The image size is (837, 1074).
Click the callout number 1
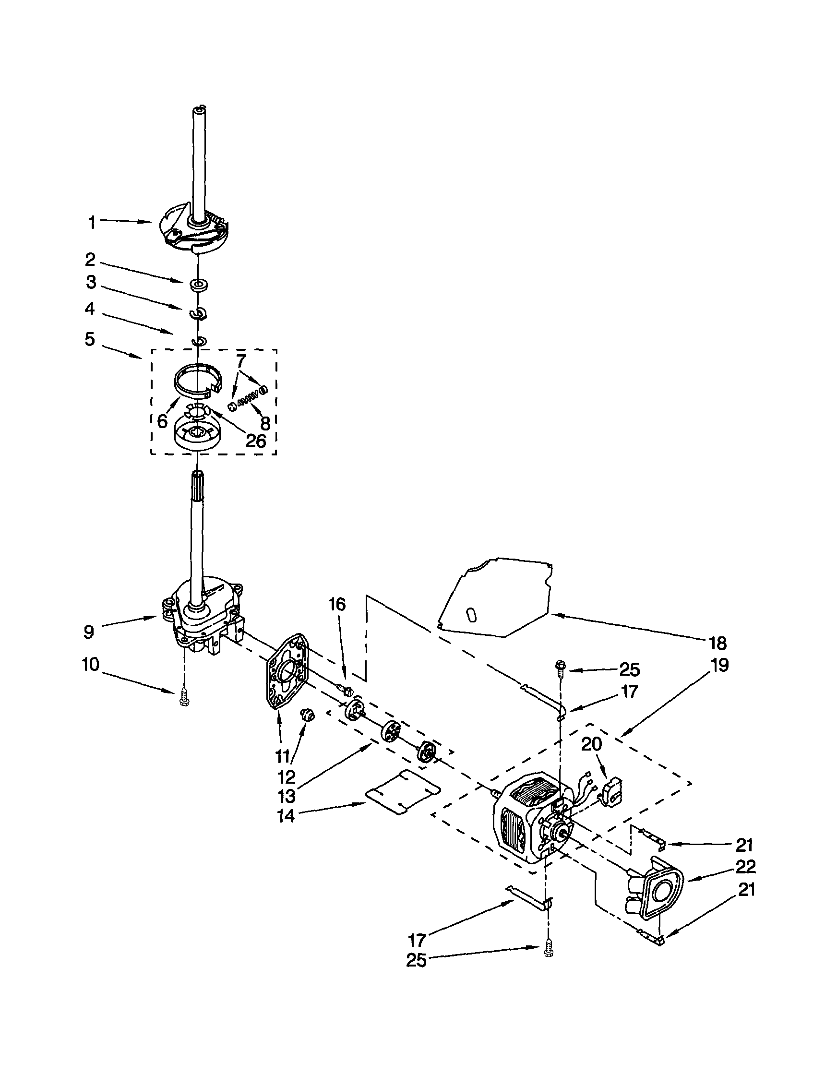click(x=92, y=223)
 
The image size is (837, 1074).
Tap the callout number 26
click(x=256, y=441)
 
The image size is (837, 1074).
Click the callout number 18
click(x=718, y=643)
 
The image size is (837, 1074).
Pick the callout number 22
click(x=745, y=867)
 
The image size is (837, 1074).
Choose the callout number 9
click(x=88, y=632)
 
